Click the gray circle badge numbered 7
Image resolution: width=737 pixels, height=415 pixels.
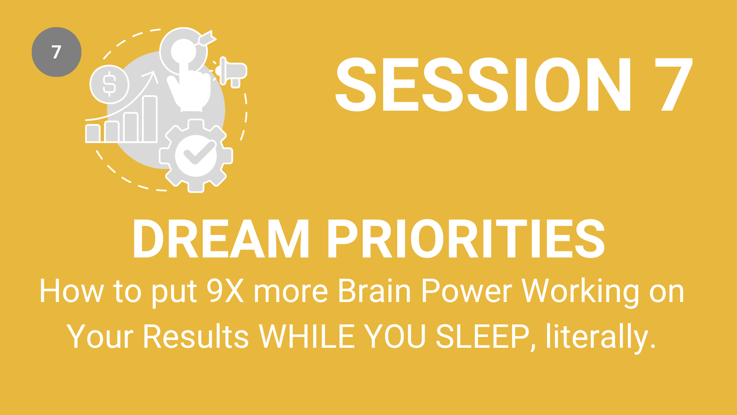click(56, 52)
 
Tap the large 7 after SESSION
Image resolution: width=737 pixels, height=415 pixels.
click(673, 85)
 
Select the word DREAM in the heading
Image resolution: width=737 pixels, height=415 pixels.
click(221, 239)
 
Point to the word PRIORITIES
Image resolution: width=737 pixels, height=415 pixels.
click(466, 239)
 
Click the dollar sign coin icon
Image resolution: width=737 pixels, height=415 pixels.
click(109, 84)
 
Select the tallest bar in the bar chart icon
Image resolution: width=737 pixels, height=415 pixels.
click(150, 119)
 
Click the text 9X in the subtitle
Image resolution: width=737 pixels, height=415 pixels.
click(225, 291)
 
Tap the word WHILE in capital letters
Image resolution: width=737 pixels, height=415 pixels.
click(307, 336)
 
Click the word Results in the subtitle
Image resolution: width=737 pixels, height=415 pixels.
click(196, 336)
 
